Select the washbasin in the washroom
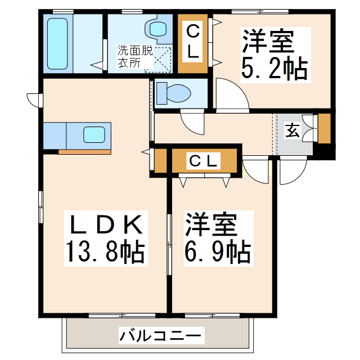click(154, 28)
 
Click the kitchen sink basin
click(93, 135)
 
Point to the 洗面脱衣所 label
click(134, 56)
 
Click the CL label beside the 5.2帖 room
click(192, 42)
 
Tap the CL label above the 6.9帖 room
click(202, 161)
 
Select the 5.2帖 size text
click(274, 69)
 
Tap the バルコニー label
click(160, 337)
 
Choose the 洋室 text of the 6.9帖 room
click(213, 224)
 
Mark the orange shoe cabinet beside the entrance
click(324, 129)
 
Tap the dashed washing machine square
click(160, 57)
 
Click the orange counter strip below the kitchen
click(85, 151)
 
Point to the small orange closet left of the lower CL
click(160, 161)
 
